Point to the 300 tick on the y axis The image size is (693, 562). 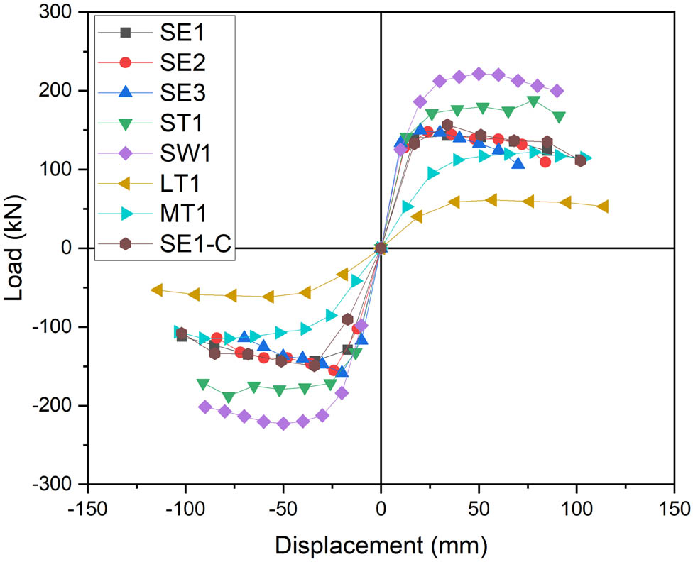[x=62, y=13]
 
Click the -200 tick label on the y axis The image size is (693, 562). [x=59, y=405]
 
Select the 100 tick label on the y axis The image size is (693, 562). [x=62, y=170]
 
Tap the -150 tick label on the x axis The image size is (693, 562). [x=87, y=509]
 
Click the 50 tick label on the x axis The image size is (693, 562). [x=479, y=509]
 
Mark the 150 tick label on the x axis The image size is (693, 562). [x=674, y=509]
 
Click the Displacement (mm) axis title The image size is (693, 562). [x=381, y=544]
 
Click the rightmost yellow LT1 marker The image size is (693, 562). [x=603, y=206]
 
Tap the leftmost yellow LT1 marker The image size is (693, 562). [x=157, y=290]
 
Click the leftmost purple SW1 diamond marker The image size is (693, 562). [x=205, y=407]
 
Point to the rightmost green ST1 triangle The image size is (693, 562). [x=559, y=117]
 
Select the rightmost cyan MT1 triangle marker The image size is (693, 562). [x=586, y=158]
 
